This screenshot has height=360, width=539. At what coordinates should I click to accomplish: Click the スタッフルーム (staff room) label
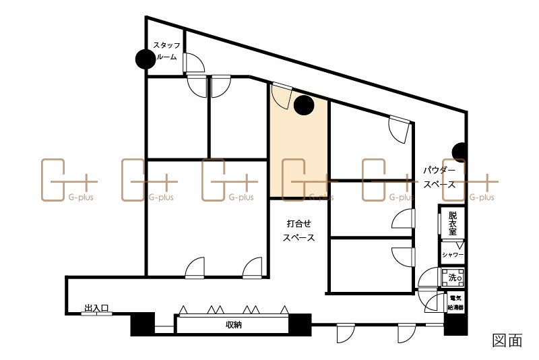pos(166,51)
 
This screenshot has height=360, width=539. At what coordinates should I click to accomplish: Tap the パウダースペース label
pos(439,177)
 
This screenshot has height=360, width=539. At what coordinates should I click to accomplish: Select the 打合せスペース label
pos(298,231)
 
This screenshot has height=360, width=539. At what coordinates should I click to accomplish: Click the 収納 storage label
pos(233,324)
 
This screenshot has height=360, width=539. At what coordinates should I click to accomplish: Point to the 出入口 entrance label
pos(96,308)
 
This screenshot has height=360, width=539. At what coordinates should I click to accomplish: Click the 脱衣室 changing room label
pos(453,223)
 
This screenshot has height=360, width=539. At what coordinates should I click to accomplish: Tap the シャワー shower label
pos(453,255)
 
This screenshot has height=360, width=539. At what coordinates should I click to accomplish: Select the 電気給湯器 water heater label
pos(455,303)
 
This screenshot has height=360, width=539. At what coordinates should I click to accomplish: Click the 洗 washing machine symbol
pos(453,278)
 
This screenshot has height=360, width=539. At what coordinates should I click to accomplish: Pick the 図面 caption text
pos(507,340)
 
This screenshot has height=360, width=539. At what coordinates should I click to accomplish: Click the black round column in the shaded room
pos(304,105)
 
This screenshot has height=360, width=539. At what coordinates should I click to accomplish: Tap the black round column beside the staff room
pos(146,59)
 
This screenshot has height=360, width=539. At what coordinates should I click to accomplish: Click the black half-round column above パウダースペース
pos(459,152)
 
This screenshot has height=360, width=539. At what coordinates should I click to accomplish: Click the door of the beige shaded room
pos(282,96)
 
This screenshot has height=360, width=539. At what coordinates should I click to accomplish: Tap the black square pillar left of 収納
pos(143,324)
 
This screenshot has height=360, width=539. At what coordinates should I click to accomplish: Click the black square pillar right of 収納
pos(300,324)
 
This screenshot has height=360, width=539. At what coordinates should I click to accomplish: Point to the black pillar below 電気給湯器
pos(456,324)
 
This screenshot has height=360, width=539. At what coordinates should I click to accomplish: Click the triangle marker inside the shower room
pos(459,245)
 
